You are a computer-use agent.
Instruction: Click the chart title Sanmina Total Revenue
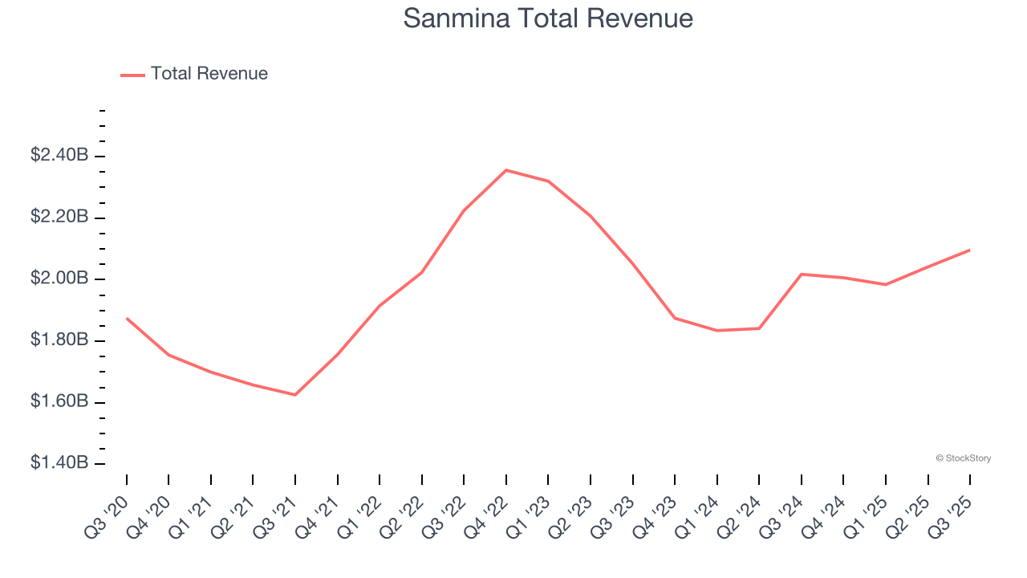point(548,18)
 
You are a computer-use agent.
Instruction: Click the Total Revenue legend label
point(209,74)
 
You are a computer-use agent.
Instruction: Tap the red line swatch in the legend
point(132,75)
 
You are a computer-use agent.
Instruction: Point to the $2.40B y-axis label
point(59,156)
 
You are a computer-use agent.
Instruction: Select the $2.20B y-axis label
point(59,217)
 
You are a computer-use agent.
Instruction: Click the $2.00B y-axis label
point(59,279)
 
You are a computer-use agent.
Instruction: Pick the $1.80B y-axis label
point(59,340)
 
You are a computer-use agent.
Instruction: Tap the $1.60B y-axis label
point(59,401)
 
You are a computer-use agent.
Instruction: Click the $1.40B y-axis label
point(59,463)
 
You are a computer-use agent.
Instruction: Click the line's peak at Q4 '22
point(506,170)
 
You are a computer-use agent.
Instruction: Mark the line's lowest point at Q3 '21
point(295,395)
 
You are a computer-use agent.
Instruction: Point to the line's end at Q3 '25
point(970,250)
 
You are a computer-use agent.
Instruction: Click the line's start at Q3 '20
point(127,319)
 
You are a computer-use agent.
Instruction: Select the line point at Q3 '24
point(802,275)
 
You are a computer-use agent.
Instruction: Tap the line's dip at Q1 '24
point(716,331)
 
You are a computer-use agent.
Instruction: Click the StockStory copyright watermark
point(963,458)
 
